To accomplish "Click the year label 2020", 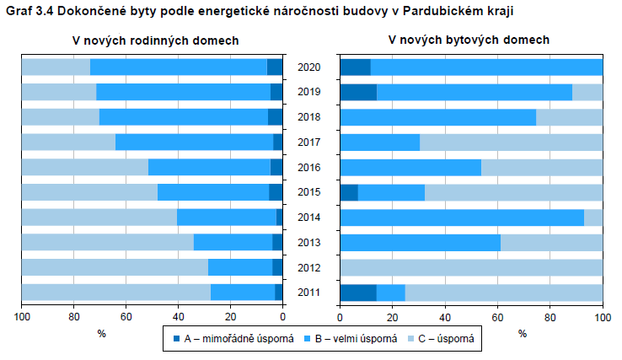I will point(309,67).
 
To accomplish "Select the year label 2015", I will point(309,192).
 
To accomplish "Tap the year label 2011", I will point(309,293).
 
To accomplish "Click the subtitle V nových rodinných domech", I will point(155,40).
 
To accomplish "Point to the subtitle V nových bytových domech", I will point(469,40).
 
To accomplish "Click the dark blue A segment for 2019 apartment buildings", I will point(357,92).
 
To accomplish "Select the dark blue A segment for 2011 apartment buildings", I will point(357,293).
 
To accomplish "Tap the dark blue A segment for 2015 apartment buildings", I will point(348,192).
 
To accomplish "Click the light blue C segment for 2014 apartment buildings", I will point(593,218).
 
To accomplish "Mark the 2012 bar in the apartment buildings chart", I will point(471,267).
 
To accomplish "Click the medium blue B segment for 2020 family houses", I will point(178,67).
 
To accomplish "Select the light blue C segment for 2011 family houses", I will point(115,293).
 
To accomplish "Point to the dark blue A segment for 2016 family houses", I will point(276,167).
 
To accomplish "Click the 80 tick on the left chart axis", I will point(74,317).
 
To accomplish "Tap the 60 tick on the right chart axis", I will point(497,317).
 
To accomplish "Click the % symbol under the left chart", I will point(101,333).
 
